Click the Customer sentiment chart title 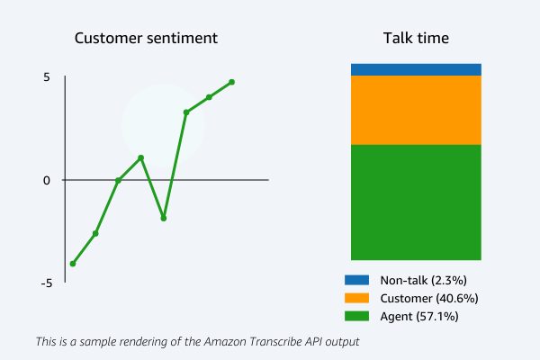point(146,39)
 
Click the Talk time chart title point(416,39)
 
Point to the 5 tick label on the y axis point(46,77)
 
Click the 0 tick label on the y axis point(46,180)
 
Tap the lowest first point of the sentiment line point(73,264)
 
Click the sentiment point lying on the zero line point(118,180)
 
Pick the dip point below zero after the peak point(164,218)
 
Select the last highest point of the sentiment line point(231,82)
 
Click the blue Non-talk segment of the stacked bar point(416,69)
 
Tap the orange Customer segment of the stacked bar point(416,110)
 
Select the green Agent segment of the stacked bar point(416,202)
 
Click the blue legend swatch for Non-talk point(357,280)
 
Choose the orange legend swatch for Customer point(357,298)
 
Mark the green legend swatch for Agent point(357,316)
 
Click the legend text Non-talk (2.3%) point(423,280)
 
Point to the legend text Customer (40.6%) point(428,298)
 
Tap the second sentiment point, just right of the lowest point(95,233)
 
